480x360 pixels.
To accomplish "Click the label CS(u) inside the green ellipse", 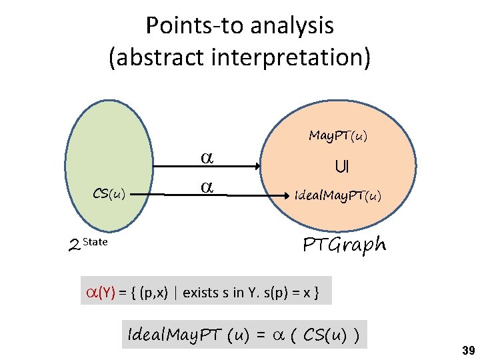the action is point(109,194).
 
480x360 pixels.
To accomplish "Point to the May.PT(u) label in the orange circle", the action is point(338,136).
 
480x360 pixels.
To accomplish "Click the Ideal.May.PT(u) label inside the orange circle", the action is point(338,196).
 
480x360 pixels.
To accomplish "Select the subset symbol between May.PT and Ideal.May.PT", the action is point(341,166).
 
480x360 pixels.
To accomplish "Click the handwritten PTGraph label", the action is point(344,245).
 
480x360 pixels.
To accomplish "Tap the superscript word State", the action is point(95,241).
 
